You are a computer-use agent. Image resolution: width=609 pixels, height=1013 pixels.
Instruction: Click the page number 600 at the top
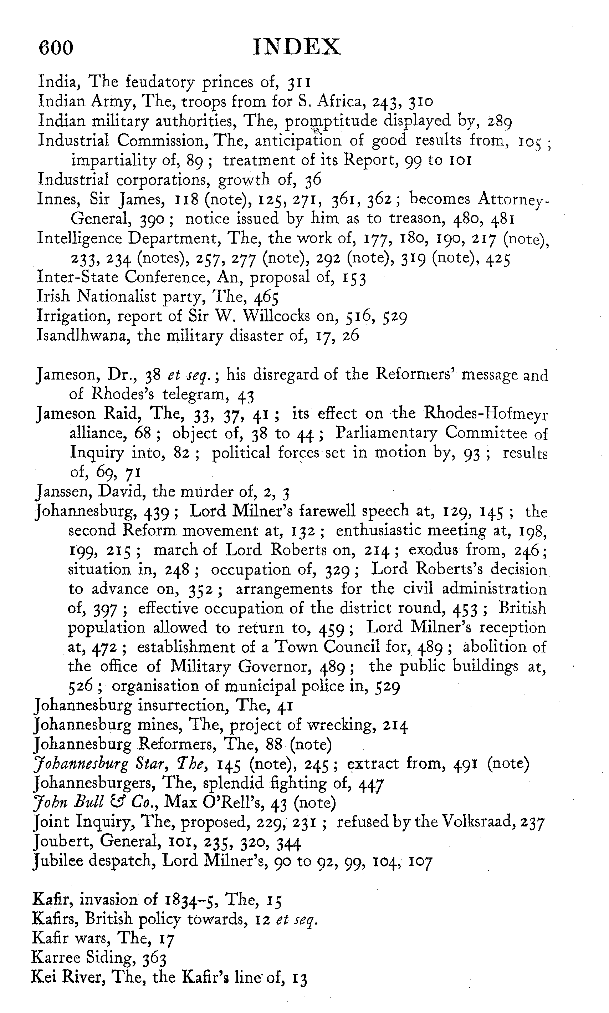point(56,47)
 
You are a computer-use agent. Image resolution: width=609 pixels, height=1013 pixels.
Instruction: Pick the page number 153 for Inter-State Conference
point(354,278)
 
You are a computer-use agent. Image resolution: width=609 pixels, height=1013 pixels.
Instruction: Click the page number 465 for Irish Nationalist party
point(266,297)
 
